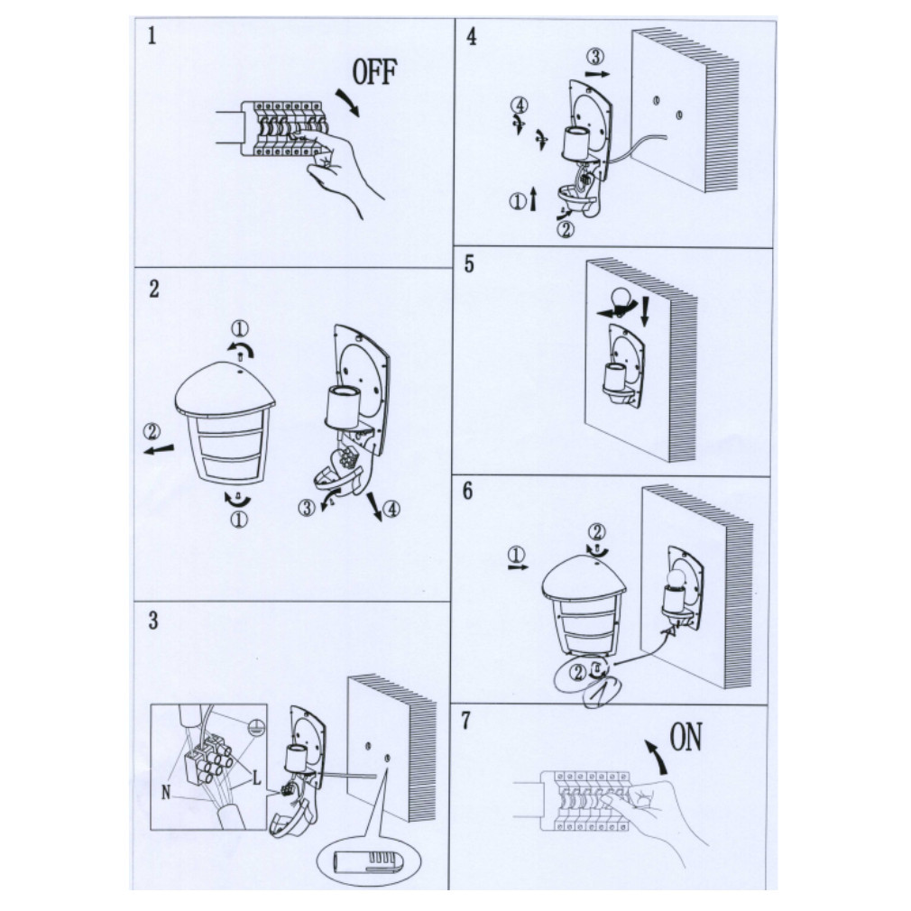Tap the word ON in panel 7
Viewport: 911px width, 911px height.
click(x=686, y=737)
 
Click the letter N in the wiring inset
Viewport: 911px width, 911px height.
click(x=166, y=791)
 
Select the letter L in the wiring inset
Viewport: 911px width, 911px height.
click(x=256, y=778)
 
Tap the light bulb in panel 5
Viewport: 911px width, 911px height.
click(x=621, y=299)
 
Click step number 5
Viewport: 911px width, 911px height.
click(x=469, y=264)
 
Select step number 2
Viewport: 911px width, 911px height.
click(x=153, y=289)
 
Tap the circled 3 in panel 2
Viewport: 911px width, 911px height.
click(x=306, y=508)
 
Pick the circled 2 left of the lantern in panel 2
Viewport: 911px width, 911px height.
click(x=152, y=432)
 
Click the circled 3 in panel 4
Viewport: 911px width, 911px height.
click(x=594, y=57)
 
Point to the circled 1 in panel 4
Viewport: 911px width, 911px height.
click(x=518, y=202)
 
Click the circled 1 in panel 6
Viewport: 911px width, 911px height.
click(x=515, y=555)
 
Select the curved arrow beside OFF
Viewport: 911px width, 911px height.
click(x=348, y=102)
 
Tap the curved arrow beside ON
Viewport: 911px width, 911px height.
click(x=657, y=755)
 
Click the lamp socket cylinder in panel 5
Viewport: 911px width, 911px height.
click(x=615, y=378)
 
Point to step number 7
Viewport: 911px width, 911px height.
click(x=466, y=721)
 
